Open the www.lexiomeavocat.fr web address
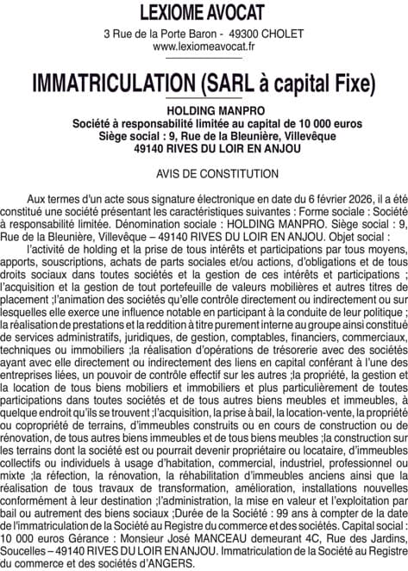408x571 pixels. coord(204,47)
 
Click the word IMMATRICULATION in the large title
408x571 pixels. coord(110,84)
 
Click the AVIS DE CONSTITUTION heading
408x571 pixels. coord(204,173)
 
